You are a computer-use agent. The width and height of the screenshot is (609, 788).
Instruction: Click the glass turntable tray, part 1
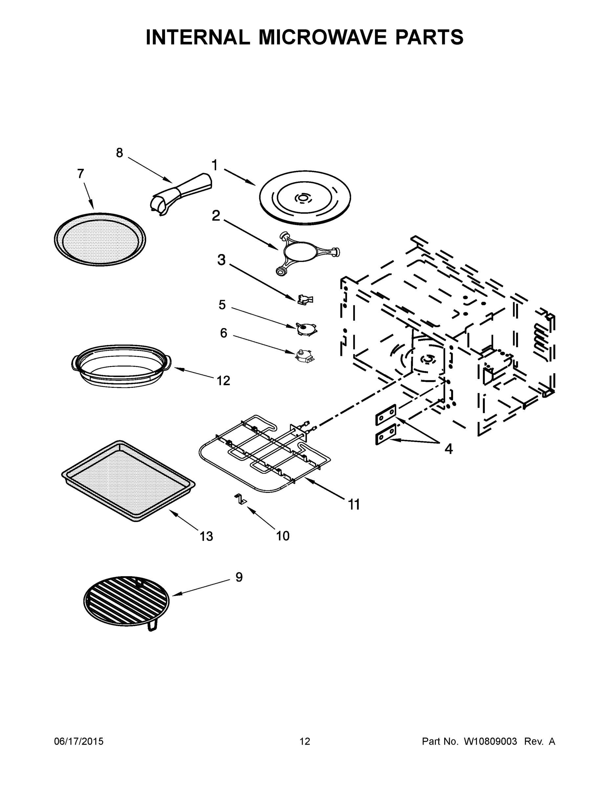tap(305, 198)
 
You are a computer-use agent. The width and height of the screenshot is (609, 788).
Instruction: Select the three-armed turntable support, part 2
tap(307, 252)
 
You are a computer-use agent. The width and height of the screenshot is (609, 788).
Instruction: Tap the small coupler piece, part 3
tap(305, 299)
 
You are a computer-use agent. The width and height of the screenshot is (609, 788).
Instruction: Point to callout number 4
tap(448, 449)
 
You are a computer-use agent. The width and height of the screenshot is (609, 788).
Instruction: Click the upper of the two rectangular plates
tap(386, 415)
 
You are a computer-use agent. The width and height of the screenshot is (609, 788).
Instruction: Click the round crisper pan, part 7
tap(100, 239)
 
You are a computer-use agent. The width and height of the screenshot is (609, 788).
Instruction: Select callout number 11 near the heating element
tap(354, 504)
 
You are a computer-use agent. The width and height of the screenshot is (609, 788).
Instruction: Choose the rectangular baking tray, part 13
tap(128, 481)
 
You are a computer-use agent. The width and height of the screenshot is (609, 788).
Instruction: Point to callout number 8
tap(120, 153)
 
